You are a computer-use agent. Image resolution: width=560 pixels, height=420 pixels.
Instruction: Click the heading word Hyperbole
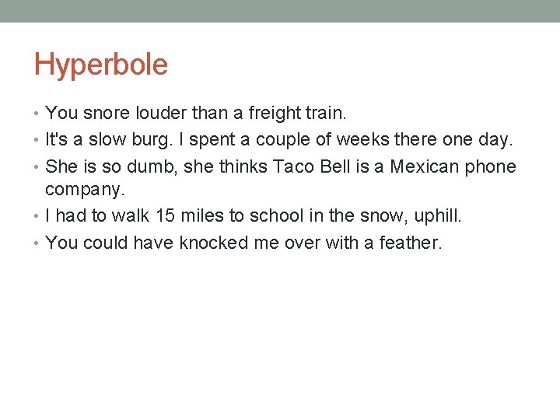tap(100, 65)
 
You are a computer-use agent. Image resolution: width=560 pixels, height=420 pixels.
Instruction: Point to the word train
tap(325, 114)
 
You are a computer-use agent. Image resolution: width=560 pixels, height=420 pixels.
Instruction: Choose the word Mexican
tap(425, 166)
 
